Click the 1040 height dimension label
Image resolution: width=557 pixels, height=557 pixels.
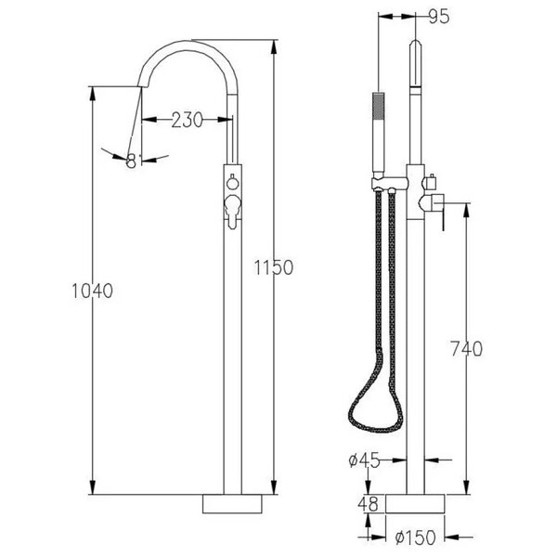(92, 291)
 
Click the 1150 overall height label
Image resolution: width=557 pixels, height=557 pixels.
(274, 267)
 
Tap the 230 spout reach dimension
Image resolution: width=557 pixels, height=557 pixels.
(187, 120)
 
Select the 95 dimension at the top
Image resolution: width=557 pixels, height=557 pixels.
(439, 17)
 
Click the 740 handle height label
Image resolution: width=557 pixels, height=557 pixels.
(467, 348)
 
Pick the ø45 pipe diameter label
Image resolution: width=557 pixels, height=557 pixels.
(365, 460)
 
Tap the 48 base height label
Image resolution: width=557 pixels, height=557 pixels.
(369, 504)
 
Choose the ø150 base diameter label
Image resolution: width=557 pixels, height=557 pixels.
(415, 538)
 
